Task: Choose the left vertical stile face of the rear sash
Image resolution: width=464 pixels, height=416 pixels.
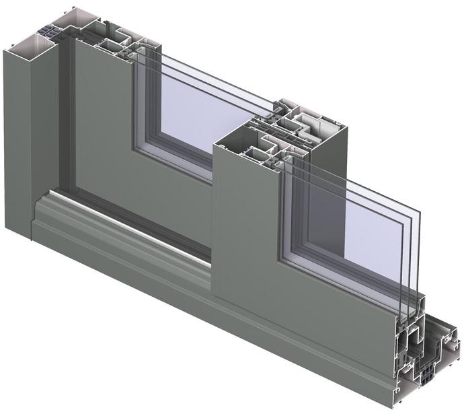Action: point(101,121)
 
